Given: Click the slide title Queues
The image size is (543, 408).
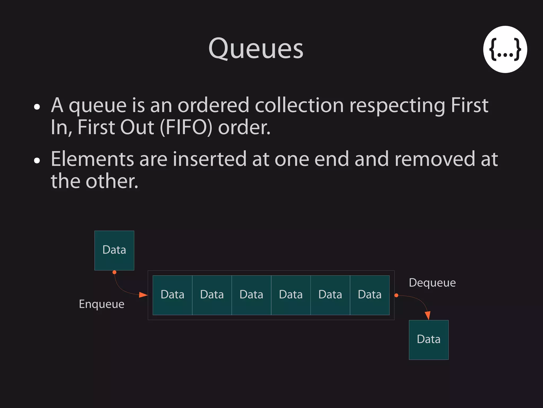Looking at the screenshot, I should tap(256, 49).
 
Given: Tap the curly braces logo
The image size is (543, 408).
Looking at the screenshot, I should tap(505, 49).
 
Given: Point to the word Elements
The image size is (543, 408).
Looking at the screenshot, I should tap(92, 159).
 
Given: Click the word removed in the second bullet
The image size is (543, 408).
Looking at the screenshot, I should tap(435, 159).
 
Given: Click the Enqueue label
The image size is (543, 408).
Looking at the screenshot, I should tap(102, 304).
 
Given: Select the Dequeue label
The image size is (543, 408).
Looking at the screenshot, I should tap(432, 283).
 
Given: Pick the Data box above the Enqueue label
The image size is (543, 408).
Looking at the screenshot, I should tap(114, 250).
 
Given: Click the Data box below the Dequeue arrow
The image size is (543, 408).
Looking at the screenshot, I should tap(428, 340).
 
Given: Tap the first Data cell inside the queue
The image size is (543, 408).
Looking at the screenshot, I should tap(172, 295).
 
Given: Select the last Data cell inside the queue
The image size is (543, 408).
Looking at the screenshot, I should tap(370, 295).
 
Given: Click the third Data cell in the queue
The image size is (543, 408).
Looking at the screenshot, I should tap(251, 295).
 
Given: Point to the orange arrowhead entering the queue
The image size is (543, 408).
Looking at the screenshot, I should tap(143, 295).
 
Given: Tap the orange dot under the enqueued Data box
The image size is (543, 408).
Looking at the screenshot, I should tap(115, 272).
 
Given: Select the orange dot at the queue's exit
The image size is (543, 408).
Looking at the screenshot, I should tap(396, 295).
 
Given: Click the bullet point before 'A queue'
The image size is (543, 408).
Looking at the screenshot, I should tap(37, 107).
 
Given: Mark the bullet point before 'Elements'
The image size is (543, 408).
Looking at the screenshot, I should tap(37, 160).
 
